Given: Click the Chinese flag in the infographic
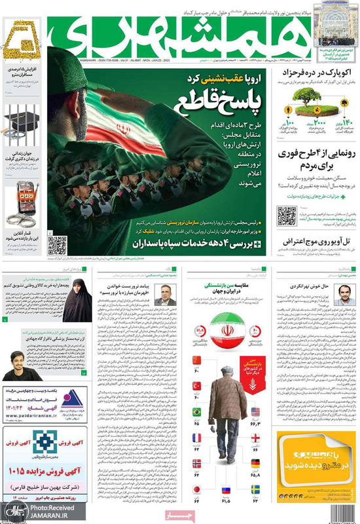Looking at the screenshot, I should pyautogui.click(x=196, y=360).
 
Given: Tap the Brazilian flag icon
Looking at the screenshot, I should pyautogui.click(x=196, y=411).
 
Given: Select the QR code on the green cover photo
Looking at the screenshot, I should pyautogui.click(x=58, y=244).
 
